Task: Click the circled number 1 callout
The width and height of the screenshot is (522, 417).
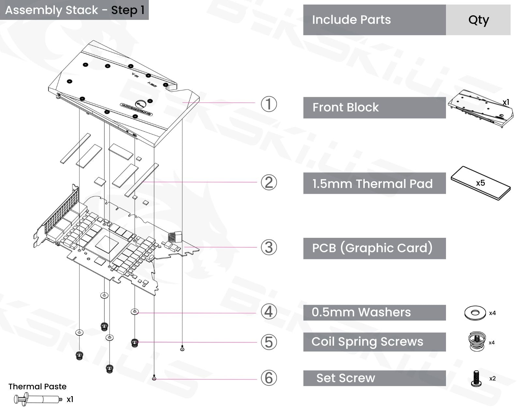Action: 269,104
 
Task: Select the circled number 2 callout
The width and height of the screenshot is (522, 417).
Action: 269,182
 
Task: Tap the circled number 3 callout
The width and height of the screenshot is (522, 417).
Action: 269,247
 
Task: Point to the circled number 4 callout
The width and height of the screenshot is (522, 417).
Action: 269,311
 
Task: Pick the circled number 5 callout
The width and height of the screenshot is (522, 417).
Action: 269,342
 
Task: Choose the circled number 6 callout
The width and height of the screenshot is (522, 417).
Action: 269,378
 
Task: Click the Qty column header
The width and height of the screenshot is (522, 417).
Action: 478,20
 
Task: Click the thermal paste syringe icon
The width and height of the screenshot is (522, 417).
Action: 38,399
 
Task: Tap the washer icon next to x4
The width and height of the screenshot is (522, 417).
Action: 475,313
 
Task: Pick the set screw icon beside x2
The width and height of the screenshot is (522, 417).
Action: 476,379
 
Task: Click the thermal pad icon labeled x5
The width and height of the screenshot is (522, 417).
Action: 481,183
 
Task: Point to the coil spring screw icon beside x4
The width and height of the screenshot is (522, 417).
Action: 476,341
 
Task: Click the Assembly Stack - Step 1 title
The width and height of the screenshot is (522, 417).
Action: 74,10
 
